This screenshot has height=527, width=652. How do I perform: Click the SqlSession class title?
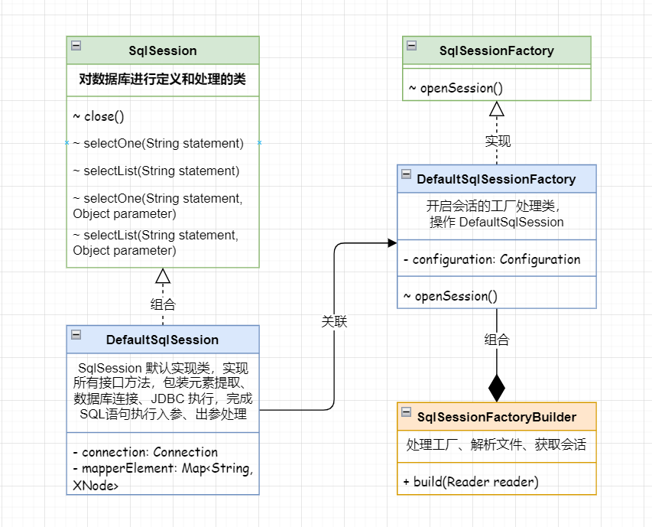163,51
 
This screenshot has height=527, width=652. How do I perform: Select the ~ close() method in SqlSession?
99,117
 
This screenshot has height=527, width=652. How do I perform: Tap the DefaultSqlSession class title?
162,340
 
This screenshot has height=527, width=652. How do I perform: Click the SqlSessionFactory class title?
496,51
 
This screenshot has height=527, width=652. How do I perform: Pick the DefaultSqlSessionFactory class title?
496,179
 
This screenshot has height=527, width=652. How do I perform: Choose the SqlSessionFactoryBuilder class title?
496,417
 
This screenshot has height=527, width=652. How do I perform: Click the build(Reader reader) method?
471,481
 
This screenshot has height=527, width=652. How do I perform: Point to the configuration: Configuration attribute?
491,259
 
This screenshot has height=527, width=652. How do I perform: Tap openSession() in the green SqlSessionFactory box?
456,88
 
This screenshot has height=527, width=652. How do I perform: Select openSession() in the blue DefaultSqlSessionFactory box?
450,296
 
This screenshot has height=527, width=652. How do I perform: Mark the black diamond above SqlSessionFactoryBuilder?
497,388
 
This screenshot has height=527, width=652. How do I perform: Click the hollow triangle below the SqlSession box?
163,276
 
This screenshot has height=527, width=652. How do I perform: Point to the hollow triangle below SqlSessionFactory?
497,109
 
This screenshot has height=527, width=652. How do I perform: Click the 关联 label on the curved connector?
334,322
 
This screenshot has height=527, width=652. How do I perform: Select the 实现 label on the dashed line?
498,141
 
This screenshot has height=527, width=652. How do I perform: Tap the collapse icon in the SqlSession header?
76,45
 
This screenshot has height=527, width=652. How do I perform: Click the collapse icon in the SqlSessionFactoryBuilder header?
406,412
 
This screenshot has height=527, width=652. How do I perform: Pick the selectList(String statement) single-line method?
156,171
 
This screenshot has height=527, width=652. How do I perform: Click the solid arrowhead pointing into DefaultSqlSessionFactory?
391,242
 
